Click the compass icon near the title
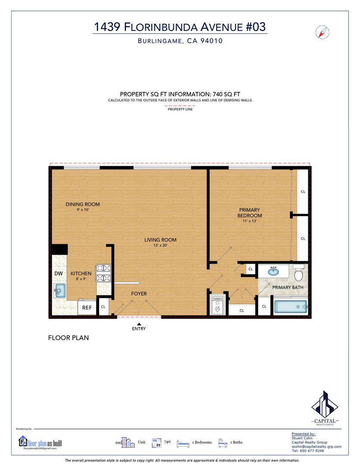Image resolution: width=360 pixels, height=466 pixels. (x=322, y=32)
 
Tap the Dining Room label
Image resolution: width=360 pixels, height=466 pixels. (x=83, y=204)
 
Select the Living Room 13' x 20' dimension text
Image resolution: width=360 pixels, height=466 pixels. (x=160, y=246)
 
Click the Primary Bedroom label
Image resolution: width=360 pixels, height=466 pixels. (x=250, y=212)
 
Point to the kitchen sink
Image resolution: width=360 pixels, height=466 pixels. (x=59, y=290)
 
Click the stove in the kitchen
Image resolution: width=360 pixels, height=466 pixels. (x=103, y=273)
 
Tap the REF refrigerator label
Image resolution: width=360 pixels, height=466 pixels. (x=87, y=308)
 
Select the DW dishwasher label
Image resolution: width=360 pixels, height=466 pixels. (x=59, y=274)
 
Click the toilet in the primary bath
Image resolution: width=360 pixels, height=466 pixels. (x=298, y=273)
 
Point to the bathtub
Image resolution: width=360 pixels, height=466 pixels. (x=291, y=307)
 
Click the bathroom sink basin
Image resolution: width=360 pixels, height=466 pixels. (x=273, y=271)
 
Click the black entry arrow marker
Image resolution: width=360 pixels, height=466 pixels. (x=139, y=324)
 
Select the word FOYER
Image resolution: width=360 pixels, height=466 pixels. (x=139, y=294)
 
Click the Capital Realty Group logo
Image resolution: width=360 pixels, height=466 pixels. (x=325, y=408)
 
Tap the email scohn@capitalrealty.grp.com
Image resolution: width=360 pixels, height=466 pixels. (x=316, y=447)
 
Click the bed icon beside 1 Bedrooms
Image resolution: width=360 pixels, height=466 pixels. (x=183, y=444)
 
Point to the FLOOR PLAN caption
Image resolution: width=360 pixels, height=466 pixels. (x=68, y=338)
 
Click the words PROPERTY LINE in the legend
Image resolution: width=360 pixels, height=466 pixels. (x=180, y=109)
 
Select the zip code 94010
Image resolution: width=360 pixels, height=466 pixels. (x=212, y=41)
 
